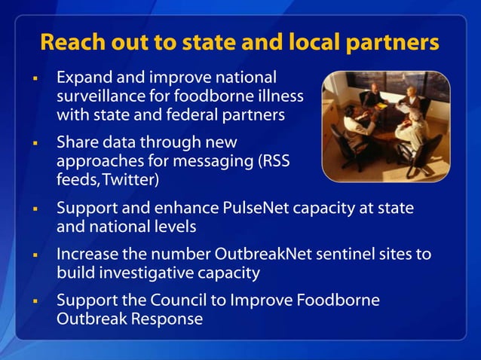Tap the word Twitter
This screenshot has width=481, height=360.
[x=133, y=180]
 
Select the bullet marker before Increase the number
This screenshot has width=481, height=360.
[x=35, y=255]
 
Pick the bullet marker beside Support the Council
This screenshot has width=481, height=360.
[x=35, y=301]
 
